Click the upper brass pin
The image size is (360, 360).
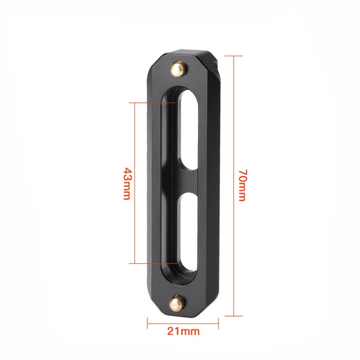click(x=178, y=69)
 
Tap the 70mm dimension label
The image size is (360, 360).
click(x=242, y=185)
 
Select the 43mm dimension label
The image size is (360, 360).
click(x=128, y=183)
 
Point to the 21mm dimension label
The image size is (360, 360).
click(x=183, y=331)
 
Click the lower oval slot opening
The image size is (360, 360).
click(x=188, y=232)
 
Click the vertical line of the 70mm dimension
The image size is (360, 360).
click(x=234, y=186)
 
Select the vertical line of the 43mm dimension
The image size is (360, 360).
click(x=135, y=183)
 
